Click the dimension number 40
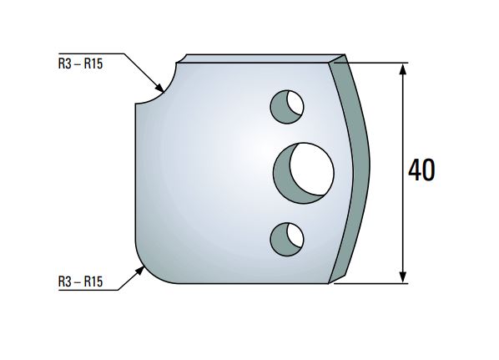coord(421,171)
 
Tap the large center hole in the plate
coord(304,171)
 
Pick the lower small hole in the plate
coord(287,239)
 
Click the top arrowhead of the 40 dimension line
coord(404,68)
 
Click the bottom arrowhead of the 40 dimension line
coord(404,276)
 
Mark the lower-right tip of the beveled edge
coord(333,281)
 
